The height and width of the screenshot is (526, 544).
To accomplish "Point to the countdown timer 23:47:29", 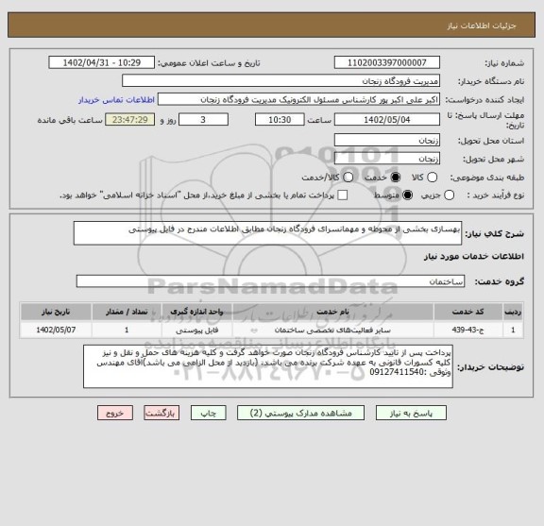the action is point(153,121).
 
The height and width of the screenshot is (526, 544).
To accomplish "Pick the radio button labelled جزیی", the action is point(449,195).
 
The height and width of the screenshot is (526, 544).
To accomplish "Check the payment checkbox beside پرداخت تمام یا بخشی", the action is point(342,195).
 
